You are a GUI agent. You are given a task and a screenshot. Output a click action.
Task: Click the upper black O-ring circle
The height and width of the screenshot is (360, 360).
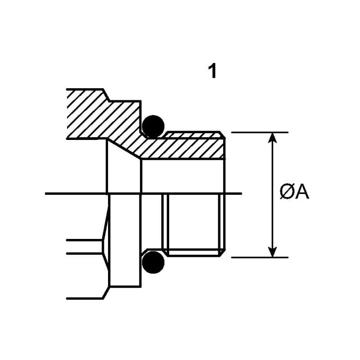(153, 126)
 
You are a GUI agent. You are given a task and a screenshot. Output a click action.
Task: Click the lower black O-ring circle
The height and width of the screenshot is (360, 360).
(153, 262)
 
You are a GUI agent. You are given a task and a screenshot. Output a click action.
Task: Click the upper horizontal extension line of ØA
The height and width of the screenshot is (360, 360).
(259, 132)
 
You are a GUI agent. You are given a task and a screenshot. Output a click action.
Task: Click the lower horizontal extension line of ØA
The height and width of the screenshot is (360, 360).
(259, 257)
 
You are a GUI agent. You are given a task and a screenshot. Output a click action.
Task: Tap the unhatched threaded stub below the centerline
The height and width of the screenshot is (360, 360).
(193, 223)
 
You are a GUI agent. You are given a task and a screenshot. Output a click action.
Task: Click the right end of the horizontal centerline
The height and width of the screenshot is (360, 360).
(241, 194)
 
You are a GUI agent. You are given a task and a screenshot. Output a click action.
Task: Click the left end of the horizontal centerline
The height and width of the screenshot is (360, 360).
(47, 194)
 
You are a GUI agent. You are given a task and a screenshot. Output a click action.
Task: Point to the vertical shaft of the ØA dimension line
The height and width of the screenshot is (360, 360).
(272, 171)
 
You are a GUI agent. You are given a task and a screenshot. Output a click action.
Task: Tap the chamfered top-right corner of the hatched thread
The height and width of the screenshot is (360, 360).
(222, 134)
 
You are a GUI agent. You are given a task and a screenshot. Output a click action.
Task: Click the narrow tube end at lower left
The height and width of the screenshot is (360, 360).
(83, 247)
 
